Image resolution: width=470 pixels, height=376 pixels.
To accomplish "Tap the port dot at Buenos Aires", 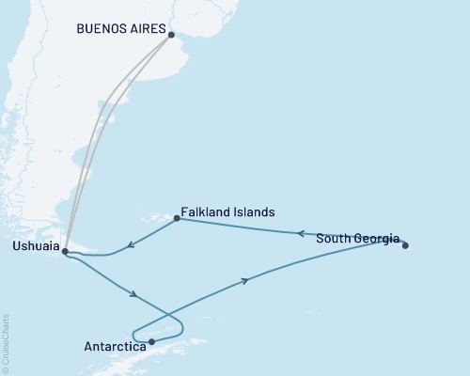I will pos(170,35).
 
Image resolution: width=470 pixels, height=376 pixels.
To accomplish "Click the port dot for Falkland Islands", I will pos(177,220).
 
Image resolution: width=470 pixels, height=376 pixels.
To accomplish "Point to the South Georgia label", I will pos(357,238).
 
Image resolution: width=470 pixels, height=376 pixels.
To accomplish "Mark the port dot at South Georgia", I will pos(405,245).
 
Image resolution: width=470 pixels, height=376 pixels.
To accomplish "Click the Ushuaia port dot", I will pos(64,251).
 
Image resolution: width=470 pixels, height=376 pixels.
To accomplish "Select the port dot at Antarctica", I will pos(151,341).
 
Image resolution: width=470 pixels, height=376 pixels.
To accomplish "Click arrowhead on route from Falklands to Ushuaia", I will pos(131,245).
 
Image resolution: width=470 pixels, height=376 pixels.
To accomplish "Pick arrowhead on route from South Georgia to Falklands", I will pos(301,233).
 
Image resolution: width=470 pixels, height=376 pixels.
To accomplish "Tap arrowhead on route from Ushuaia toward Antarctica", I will pos(137,296).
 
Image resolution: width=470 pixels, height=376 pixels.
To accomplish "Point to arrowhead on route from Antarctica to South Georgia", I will pos(245,280).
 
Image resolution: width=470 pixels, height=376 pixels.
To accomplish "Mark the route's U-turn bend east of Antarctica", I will pos(182,327).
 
